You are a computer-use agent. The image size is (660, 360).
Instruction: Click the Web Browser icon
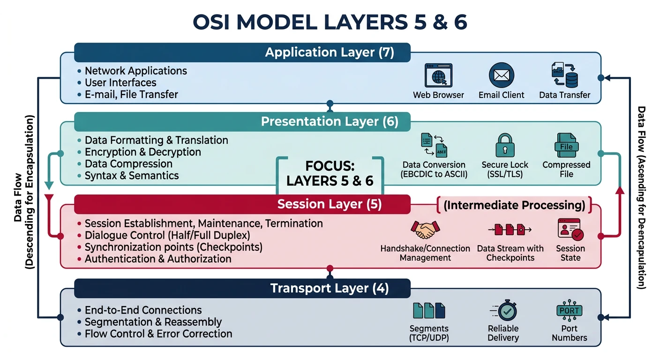[438, 75]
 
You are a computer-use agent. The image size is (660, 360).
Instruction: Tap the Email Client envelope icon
[502, 75]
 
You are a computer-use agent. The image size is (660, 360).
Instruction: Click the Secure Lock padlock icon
[505, 145]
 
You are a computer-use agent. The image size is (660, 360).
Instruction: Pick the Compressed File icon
[566, 145]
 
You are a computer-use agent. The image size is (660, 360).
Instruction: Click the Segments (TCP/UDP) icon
[429, 310]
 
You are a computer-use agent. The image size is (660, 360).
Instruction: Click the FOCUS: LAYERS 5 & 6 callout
[330, 174]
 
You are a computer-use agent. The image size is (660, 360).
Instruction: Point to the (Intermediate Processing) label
[514, 205]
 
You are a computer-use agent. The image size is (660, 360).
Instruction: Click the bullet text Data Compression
[128, 164]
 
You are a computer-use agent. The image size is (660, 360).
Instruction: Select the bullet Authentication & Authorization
[158, 259]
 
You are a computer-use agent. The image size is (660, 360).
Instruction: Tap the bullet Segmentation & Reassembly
[153, 322]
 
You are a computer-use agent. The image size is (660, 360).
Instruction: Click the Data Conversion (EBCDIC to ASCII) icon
[434, 145]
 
